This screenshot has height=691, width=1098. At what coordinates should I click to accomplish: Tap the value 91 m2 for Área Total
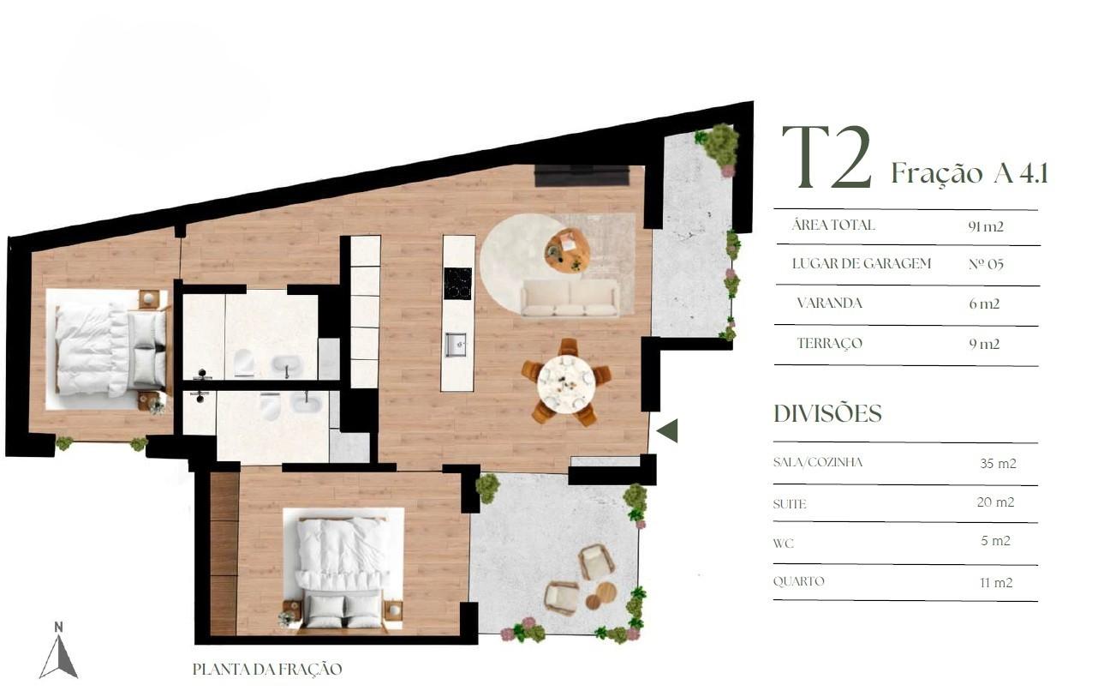tap(986, 226)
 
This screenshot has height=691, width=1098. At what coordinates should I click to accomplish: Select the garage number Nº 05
tap(986, 264)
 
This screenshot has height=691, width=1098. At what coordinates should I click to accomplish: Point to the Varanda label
tap(829, 303)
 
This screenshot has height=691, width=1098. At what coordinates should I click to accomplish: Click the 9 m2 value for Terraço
tap(984, 344)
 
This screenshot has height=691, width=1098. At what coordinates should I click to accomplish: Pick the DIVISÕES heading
tap(827, 413)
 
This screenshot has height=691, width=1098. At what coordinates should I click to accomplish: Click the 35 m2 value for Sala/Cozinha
tap(998, 463)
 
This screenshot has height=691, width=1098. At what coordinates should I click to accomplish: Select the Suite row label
tap(789, 504)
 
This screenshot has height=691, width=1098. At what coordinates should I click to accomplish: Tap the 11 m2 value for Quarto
tap(996, 582)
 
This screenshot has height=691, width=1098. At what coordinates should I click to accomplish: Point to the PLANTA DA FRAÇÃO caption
tap(267, 670)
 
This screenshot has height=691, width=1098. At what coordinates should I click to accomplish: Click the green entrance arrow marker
tap(667, 431)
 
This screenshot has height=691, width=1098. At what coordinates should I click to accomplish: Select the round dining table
tap(566, 384)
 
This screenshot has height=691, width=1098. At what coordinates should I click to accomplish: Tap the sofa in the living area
tap(570, 297)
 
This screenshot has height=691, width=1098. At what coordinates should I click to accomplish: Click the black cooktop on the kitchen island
tap(457, 284)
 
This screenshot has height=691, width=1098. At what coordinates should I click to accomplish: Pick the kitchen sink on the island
tap(456, 345)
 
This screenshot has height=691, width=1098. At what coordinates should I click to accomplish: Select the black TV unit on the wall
tap(582, 176)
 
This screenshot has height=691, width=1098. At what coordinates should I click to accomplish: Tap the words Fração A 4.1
tap(970, 173)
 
